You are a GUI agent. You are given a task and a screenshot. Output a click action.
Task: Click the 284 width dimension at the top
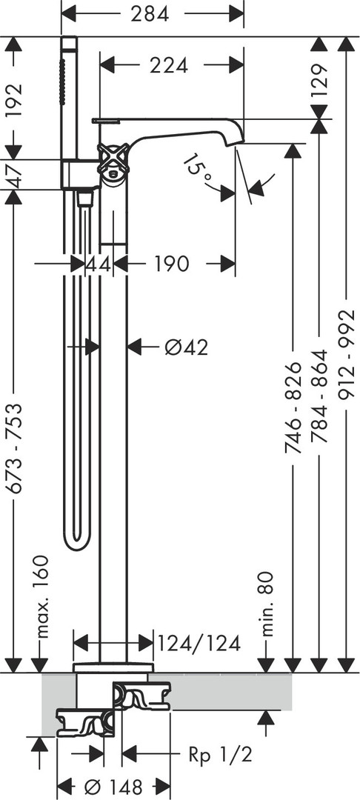coord(150,14)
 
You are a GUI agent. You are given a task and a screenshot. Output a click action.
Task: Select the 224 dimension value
coord(169,65)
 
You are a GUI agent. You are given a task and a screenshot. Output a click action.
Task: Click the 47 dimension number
coord(15,175)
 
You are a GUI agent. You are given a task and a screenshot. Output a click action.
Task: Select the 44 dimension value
coord(99,264)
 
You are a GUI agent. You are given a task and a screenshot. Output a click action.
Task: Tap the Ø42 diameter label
coord(187,347)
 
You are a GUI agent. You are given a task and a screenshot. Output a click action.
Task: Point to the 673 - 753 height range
coord(16,448)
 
